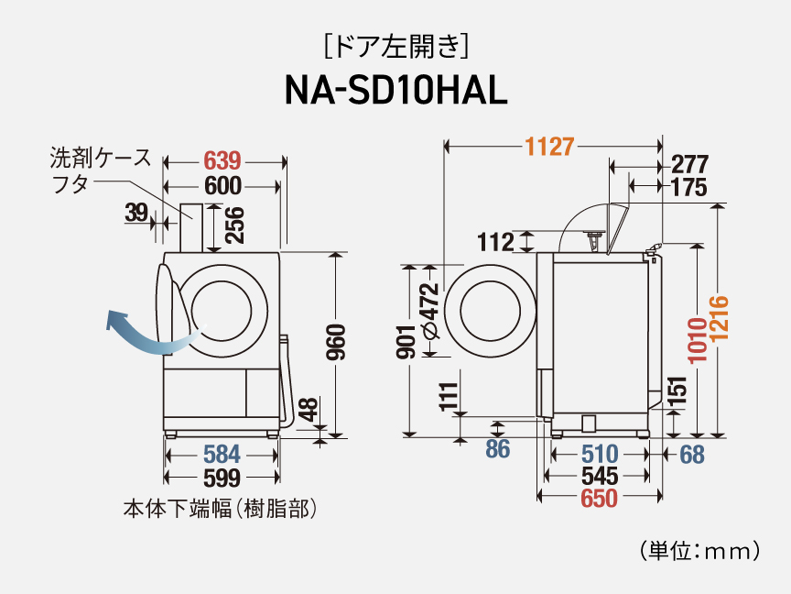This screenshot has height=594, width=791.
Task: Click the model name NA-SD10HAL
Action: pyautogui.click(x=395, y=91)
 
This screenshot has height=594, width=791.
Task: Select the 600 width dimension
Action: pyautogui.click(x=222, y=186)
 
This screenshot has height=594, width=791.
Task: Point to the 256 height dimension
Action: pyautogui.click(x=234, y=225)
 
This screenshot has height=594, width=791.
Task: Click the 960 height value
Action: pyautogui.click(x=336, y=342)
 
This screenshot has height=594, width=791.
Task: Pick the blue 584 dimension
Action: pyautogui.click(x=222, y=454)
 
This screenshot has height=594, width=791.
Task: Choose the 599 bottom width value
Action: pyautogui.click(x=222, y=478)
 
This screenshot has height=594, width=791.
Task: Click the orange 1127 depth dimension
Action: pyautogui.click(x=549, y=146)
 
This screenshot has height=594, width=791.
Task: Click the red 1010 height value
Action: pyautogui.click(x=699, y=340)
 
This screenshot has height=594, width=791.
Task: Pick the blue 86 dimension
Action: pyautogui.click(x=497, y=450)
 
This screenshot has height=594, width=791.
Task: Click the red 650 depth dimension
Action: pyautogui.click(x=599, y=499)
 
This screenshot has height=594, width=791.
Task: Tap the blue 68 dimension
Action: pyautogui.click(x=691, y=454)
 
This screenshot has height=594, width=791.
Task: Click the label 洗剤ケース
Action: pyautogui.click(x=100, y=158)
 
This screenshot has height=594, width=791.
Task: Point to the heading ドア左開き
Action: pyautogui.click(x=396, y=43)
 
